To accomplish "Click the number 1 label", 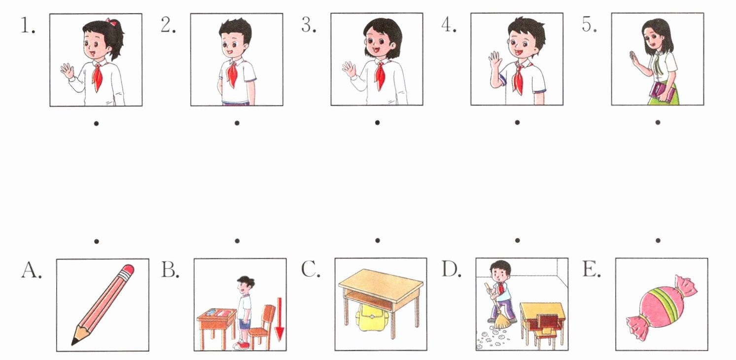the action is pos(28,25).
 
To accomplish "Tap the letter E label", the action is pos(591,270).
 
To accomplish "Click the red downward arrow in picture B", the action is pos(280,319).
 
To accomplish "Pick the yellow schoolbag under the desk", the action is pos(372,317).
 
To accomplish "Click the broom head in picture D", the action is pos(502,321).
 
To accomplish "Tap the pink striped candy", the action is pos(662,307).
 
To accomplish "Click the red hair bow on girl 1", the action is pos(112,22).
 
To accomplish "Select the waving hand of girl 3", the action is pos(349,70).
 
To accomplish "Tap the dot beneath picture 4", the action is pos(518,122).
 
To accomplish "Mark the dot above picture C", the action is pos(378,240).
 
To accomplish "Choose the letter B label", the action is pos(170,270).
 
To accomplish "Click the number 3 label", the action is pos(309,25).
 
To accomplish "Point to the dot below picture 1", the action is pos(96,123).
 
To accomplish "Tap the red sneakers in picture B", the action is pos(242,345).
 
